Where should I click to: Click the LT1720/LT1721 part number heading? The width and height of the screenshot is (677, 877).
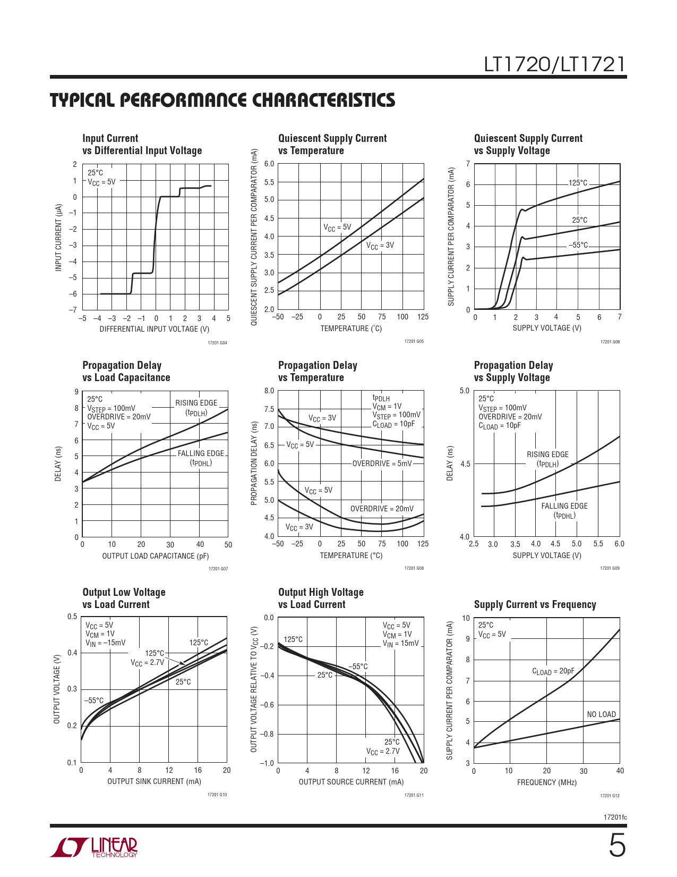554,64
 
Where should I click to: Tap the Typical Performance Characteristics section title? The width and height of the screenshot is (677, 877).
222,100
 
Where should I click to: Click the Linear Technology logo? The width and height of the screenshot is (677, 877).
94,847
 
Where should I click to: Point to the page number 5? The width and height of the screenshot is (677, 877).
616,846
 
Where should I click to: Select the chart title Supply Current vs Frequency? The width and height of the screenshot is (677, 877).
535,604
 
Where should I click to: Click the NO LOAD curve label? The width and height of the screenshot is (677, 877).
601,714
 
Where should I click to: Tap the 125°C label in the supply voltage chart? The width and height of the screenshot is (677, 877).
578,183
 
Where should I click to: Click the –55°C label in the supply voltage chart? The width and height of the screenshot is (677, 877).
578,245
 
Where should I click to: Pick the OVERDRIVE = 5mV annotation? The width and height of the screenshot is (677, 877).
382,463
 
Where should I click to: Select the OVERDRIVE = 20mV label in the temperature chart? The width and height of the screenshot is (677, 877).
382,509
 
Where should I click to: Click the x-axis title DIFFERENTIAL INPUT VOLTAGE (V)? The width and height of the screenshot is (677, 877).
155,329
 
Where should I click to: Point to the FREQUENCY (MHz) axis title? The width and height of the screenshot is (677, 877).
546,782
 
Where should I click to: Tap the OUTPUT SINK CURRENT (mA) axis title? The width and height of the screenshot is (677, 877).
154,781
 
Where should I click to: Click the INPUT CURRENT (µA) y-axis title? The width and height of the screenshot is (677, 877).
58,237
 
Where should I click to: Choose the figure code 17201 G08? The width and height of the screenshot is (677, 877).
414,568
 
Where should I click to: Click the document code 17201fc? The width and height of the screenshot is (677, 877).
615,817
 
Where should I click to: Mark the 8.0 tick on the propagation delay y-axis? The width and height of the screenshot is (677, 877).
269,391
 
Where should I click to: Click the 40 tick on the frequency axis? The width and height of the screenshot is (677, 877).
620,771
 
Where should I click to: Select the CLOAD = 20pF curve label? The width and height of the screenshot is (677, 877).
553,671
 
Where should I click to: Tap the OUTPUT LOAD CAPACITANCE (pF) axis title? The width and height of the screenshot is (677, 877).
155,556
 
